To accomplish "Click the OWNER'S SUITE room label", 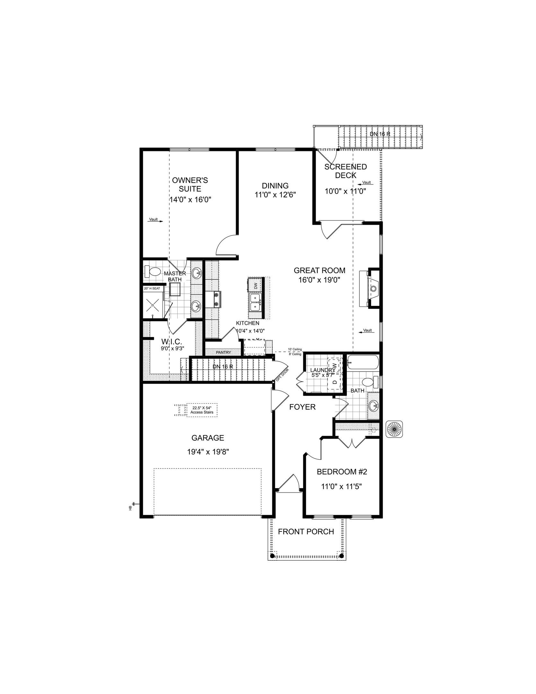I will [x=190, y=184].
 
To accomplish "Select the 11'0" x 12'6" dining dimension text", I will [x=275, y=194].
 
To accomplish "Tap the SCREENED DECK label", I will [x=345, y=171].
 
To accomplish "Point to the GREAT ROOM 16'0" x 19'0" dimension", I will [x=319, y=280].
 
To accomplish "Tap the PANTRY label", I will [x=223, y=352].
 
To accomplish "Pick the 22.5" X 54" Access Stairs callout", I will [x=202, y=410].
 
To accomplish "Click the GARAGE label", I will [x=207, y=438].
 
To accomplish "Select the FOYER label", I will [x=302, y=407].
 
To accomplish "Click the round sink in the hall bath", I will [x=373, y=406].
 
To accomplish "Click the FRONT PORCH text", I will [x=306, y=531].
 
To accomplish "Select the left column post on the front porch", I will [x=272, y=556].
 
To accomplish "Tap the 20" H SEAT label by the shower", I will [x=152, y=289].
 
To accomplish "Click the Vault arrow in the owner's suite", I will [x=156, y=220].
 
